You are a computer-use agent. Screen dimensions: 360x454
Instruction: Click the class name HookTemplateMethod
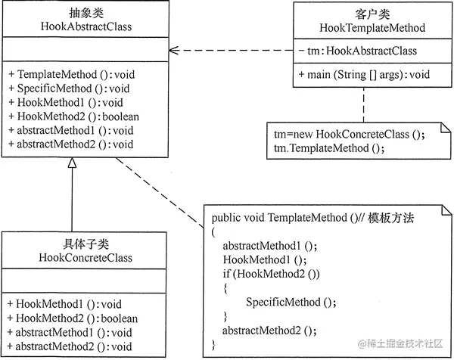coord(369,27)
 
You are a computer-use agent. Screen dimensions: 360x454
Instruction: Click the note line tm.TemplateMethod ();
coord(329,148)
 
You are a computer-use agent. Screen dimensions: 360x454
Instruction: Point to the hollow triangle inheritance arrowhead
coord(72,163)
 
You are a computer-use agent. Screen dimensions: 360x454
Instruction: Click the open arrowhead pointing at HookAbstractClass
coord(173,51)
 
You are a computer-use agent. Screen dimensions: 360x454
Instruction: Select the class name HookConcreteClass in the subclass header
coord(84,258)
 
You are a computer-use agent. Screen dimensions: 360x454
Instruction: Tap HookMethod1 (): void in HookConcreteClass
coord(60,305)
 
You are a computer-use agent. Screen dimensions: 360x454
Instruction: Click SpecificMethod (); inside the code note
coord(291,302)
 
